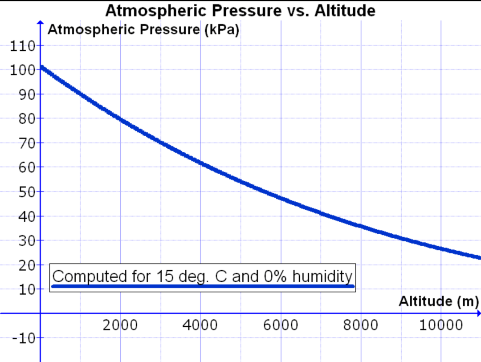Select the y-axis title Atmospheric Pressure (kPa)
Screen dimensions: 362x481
click(x=143, y=30)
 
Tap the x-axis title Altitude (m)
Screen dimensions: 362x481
click(x=438, y=301)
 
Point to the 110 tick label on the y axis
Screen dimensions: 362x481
click(x=19, y=46)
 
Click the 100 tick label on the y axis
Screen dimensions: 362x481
click(x=19, y=70)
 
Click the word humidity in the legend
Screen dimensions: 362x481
click(x=322, y=277)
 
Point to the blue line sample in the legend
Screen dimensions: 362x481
click(x=203, y=286)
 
